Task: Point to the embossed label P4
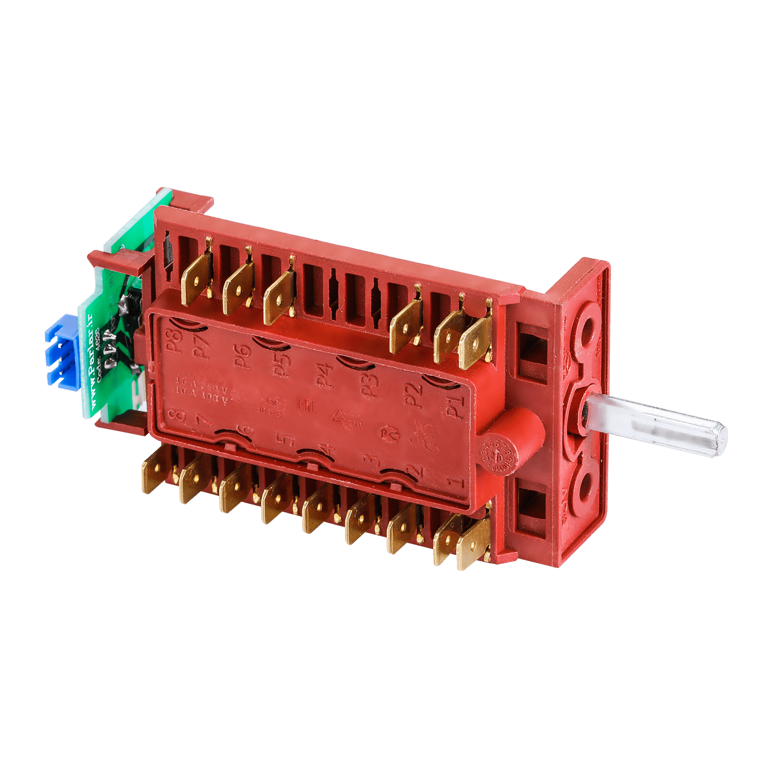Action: tap(323, 373)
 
